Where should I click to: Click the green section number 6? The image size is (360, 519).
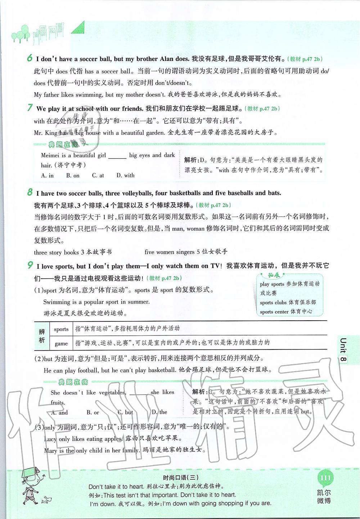[30, 58]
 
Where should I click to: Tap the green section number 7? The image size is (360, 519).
[30, 108]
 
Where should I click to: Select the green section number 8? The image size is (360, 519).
[30, 192]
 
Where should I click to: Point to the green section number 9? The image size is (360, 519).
[30, 266]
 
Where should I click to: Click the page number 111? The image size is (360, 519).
[325, 478]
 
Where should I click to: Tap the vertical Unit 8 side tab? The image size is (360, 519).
[343, 351]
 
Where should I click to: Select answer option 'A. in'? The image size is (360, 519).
[48, 176]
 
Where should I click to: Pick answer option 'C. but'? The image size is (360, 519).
[125, 412]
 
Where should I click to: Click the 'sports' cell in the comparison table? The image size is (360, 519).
[61, 329]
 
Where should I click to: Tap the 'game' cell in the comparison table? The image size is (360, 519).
[61, 343]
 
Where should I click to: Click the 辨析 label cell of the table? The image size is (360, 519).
[42, 336]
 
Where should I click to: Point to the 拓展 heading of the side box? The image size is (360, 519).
[274, 275]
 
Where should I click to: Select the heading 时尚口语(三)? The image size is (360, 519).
[181, 478]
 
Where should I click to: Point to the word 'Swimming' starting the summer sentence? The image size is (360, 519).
[57, 302]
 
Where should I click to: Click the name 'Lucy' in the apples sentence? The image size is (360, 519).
[50, 439]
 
